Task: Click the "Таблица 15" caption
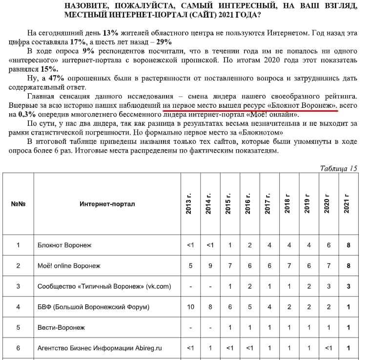pyautogui.click(x=338, y=168)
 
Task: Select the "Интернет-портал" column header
pyautogui.click(x=107, y=204)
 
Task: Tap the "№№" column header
pyautogui.click(x=18, y=204)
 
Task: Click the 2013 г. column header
pyautogui.click(x=190, y=204)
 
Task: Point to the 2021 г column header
pyautogui.click(x=348, y=204)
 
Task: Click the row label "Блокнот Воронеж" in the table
pyautogui.click(x=64, y=245)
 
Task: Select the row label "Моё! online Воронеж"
pyautogui.click(x=69, y=266)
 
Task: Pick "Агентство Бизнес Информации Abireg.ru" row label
pyautogui.click(x=100, y=348)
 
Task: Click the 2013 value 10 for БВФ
pyautogui.click(x=190, y=307)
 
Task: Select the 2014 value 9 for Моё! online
pyautogui.click(x=210, y=266)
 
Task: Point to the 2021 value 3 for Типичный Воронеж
pyautogui.click(x=349, y=286)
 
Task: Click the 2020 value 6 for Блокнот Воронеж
pyautogui.click(x=329, y=245)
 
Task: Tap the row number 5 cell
pyautogui.click(x=18, y=327)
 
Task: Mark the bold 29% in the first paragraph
pyautogui.click(x=164, y=42)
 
